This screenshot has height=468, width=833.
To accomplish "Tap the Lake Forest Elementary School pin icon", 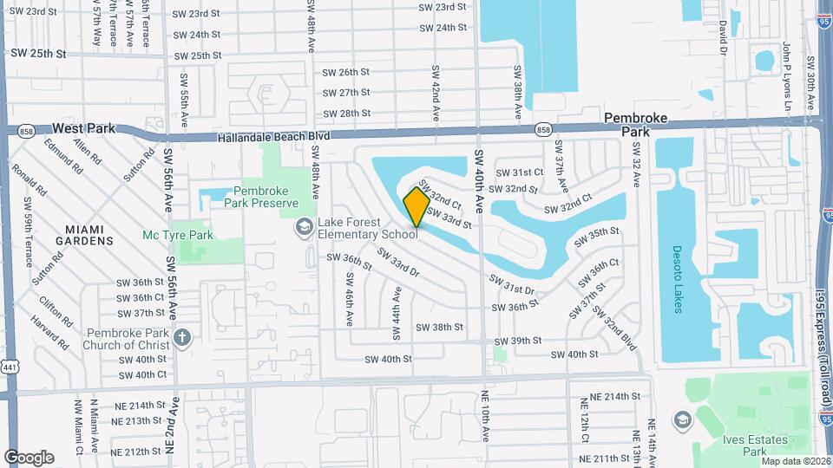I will point(304,227).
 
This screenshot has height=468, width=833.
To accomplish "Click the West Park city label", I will point(84,127).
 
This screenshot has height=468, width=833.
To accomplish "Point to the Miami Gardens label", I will point(85,234).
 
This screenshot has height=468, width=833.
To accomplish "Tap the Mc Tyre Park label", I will point(178,234).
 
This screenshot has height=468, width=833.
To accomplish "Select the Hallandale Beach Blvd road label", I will point(274,137).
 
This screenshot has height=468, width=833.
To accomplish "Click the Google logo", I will point(29,457).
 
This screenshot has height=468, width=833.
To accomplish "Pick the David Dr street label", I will point(721,38).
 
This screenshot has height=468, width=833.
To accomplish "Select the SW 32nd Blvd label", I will point(620,335).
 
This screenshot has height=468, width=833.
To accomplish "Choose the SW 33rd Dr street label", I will point(397,263).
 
